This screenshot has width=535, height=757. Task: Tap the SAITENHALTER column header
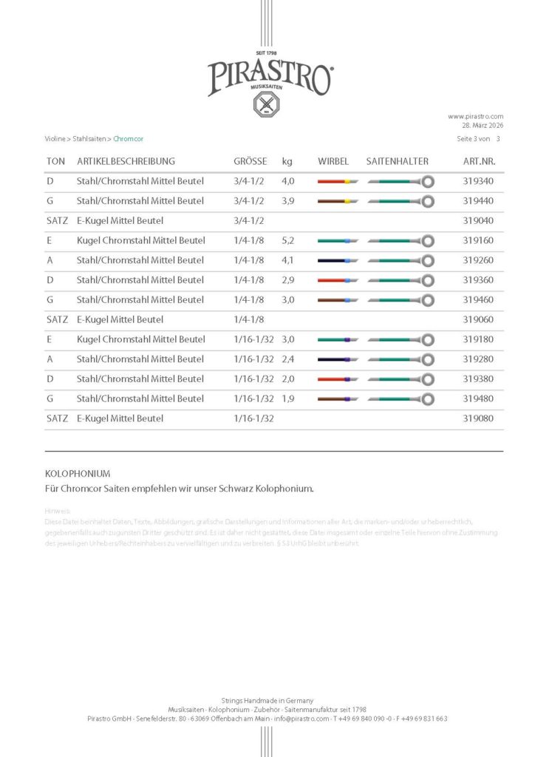click(397, 161)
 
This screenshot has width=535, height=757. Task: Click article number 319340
click(478, 181)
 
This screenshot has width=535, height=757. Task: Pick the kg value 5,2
click(288, 240)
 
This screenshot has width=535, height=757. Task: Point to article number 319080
click(478, 418)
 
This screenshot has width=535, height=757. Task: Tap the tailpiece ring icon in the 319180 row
click(428, 339)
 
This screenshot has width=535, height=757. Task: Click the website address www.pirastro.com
click(475, 116)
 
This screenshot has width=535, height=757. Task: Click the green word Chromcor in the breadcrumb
click(129, 139)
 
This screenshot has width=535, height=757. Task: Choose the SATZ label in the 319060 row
click(57, 319)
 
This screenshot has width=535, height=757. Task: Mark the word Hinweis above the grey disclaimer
click(58, 511)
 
